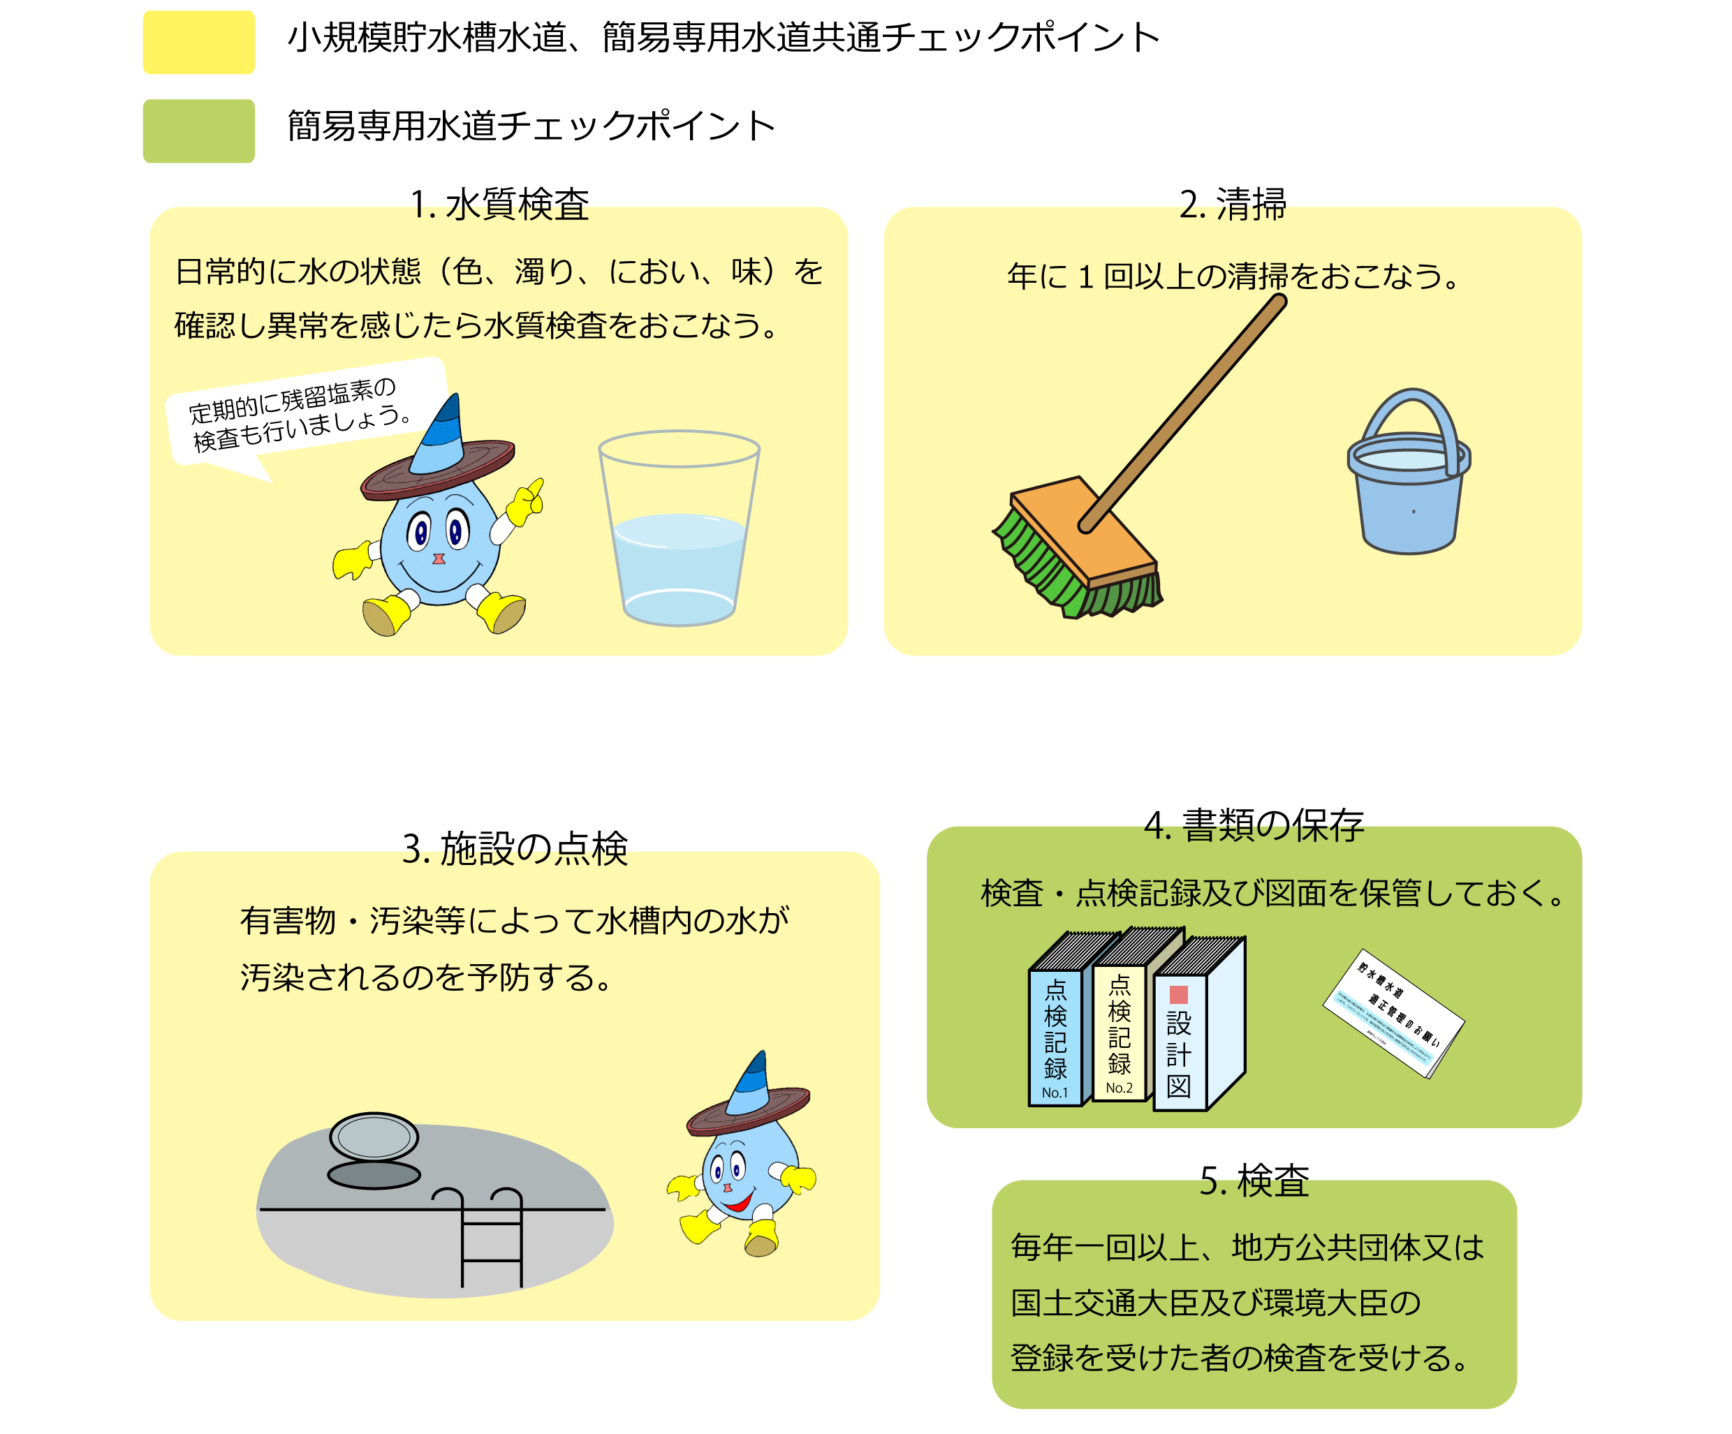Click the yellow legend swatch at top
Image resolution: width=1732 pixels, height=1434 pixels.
pos(199,42)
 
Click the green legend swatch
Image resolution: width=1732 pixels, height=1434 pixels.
pos(199,131)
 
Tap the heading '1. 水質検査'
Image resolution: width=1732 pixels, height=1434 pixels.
pos(500,205)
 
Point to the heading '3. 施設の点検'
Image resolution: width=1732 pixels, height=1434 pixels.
pos(515,848)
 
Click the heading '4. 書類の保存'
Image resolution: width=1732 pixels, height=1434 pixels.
pos(1254,825)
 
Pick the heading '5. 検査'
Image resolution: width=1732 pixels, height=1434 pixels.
pos(1254,1181)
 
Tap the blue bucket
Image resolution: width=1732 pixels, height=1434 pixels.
pos(1409,487)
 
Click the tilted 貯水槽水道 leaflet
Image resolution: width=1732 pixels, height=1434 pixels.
pos(1394,1014)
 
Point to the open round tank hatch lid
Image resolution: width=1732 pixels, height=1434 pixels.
pos(374,1138)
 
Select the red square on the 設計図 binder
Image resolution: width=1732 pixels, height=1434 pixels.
pos(1179,994)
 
